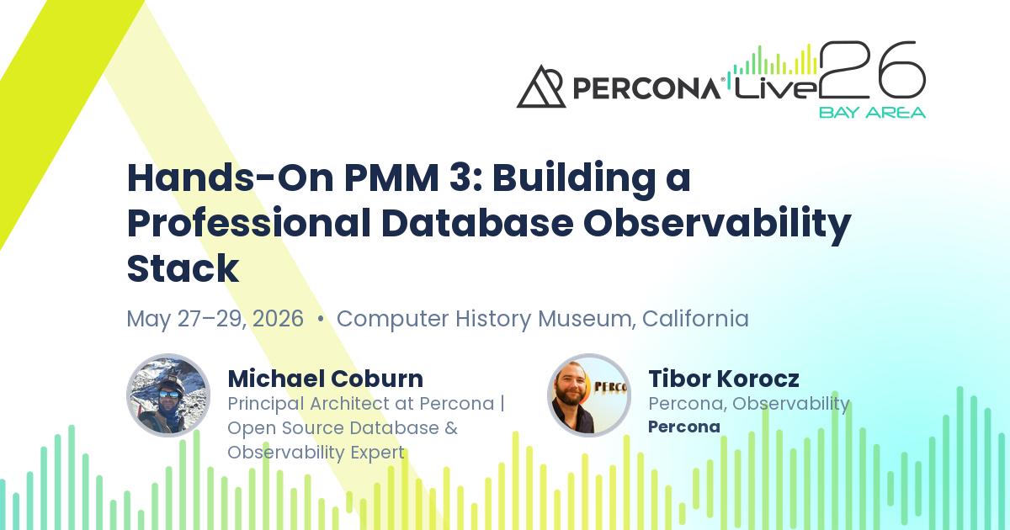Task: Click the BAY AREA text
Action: (872, 112)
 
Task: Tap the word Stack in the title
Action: (183, 269)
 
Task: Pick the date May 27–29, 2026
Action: (215, 320)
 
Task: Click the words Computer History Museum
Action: (485, 320)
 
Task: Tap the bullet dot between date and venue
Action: (321, 321)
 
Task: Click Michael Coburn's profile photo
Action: (167, 395)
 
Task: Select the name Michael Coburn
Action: (325, 379)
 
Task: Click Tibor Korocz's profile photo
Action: (588, 395)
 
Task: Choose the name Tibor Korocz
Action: (723, 379)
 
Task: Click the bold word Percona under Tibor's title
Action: (683, 427)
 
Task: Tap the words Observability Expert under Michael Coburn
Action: (316, 452)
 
